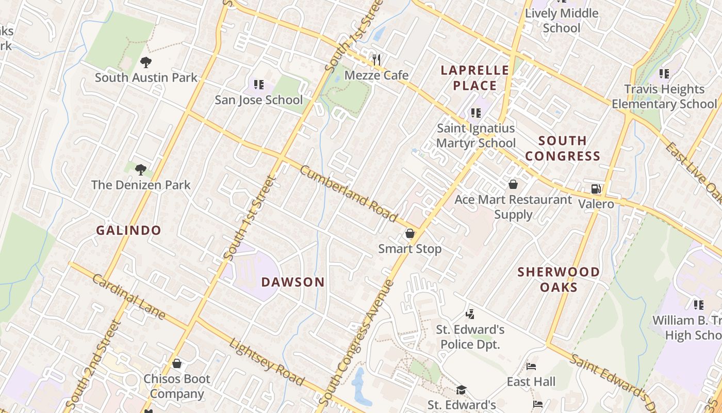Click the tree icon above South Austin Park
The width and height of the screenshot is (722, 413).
(x=146, y=62)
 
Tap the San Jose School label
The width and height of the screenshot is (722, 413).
(x=258, y=100)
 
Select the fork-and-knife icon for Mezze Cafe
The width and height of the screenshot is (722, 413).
(x=376, y=59)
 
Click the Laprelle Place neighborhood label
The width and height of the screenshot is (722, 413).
(x=474, y=78)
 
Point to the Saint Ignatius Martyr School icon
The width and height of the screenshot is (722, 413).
(x=475, y=113)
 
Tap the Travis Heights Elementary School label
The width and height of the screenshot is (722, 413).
(x=664, y=97)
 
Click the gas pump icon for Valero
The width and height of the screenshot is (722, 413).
(x=596, y=189)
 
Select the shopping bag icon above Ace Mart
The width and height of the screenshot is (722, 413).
(x=513, y=184)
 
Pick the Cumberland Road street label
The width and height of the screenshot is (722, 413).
(x=349, y=193)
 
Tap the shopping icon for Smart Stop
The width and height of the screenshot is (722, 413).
(x=410, y=234)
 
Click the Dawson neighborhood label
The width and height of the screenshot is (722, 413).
(x=293, y=282)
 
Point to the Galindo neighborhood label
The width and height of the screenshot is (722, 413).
(x=129, y=230)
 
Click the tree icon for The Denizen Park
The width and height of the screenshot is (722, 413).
(x=140, y=169)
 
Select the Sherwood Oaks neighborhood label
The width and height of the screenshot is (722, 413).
(x=559, y=279)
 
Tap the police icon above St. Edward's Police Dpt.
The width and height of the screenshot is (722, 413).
(x=469, y=313)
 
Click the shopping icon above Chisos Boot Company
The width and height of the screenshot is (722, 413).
(x=177, y=363)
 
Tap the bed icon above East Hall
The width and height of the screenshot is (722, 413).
(x=531, y=367)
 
